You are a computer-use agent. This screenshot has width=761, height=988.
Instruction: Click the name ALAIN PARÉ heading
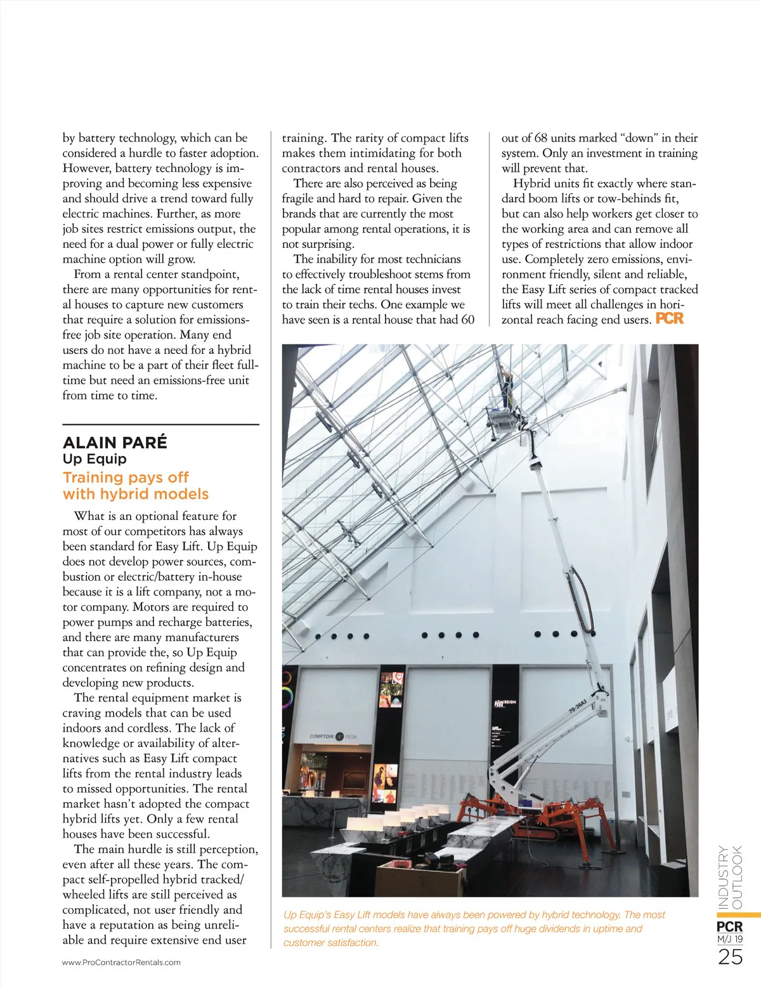115,443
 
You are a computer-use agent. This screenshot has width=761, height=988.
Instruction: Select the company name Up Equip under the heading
94,459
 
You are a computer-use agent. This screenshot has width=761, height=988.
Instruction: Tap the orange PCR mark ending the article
670,318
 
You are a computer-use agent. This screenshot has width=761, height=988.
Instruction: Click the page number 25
730,957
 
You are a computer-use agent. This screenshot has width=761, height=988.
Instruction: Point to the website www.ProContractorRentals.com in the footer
121,962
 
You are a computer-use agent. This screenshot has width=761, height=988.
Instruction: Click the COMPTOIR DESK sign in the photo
334,736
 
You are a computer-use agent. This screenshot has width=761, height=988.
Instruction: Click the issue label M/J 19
730,939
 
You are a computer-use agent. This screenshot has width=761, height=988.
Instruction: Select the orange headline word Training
94,478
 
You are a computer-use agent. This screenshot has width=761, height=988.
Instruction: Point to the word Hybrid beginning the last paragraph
531,184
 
